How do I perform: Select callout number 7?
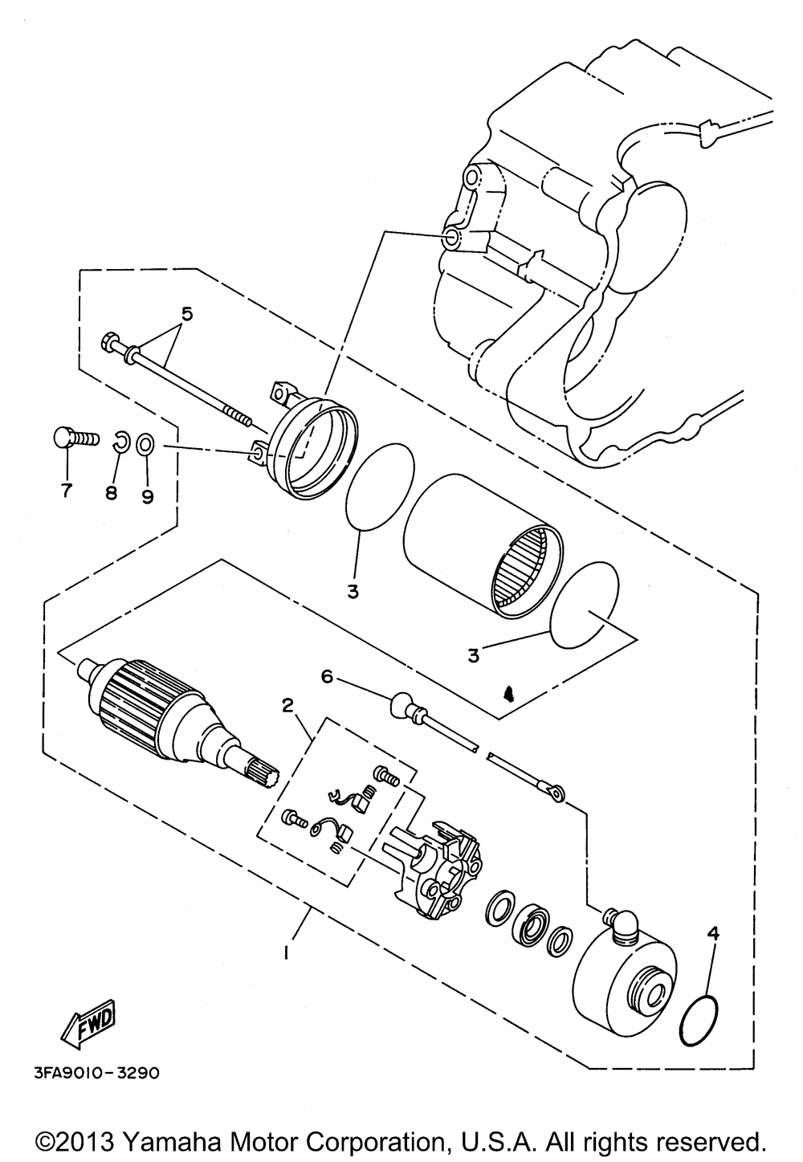tap(66, 489)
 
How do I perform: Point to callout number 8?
tap(111, 491)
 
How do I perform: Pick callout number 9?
tap(147, 496)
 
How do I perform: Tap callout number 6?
tap(327, 677)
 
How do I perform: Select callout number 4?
tap(713, 934)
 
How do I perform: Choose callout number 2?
tap(287, 704)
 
